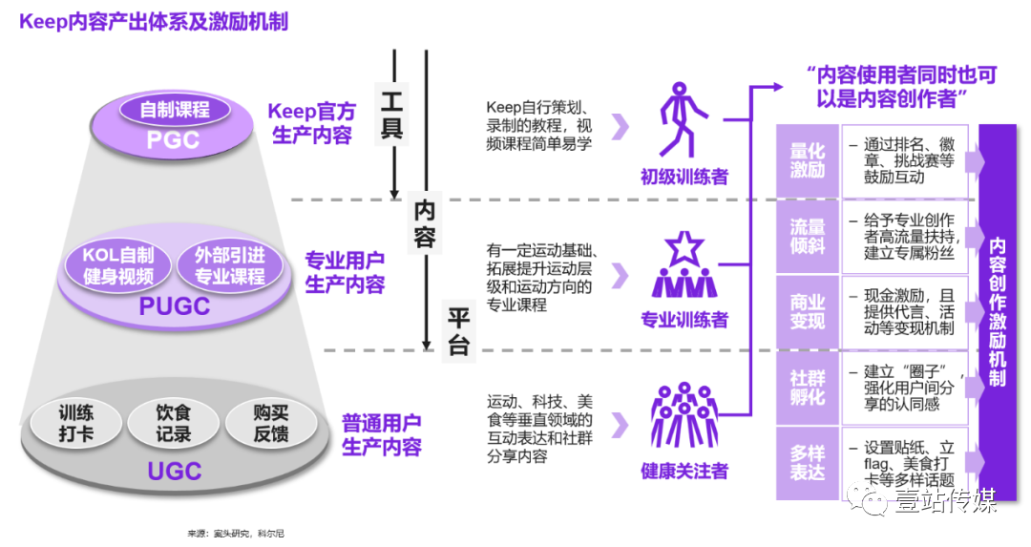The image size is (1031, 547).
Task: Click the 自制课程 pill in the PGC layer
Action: pos(175,109)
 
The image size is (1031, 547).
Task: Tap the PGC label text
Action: pos(174,139)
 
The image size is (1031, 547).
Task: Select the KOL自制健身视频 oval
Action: pos(118,265)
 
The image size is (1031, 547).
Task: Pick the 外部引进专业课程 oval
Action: pos(230,265)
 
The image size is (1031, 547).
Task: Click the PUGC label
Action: pos(175,305)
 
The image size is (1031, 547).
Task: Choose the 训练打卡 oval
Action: pos(75,424)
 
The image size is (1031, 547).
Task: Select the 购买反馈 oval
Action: pos(270,424)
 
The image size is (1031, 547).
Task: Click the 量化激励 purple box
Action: pos(807,160)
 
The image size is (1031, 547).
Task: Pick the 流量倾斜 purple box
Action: pos(807,236)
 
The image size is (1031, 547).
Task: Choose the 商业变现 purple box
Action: pos(807,311)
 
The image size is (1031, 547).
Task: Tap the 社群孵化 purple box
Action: pos(807,387)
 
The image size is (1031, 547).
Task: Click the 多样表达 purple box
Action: pos(807,462)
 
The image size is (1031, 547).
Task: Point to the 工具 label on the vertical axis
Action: pos(392,115)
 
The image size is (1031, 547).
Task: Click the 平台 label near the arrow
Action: pos(459,330)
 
